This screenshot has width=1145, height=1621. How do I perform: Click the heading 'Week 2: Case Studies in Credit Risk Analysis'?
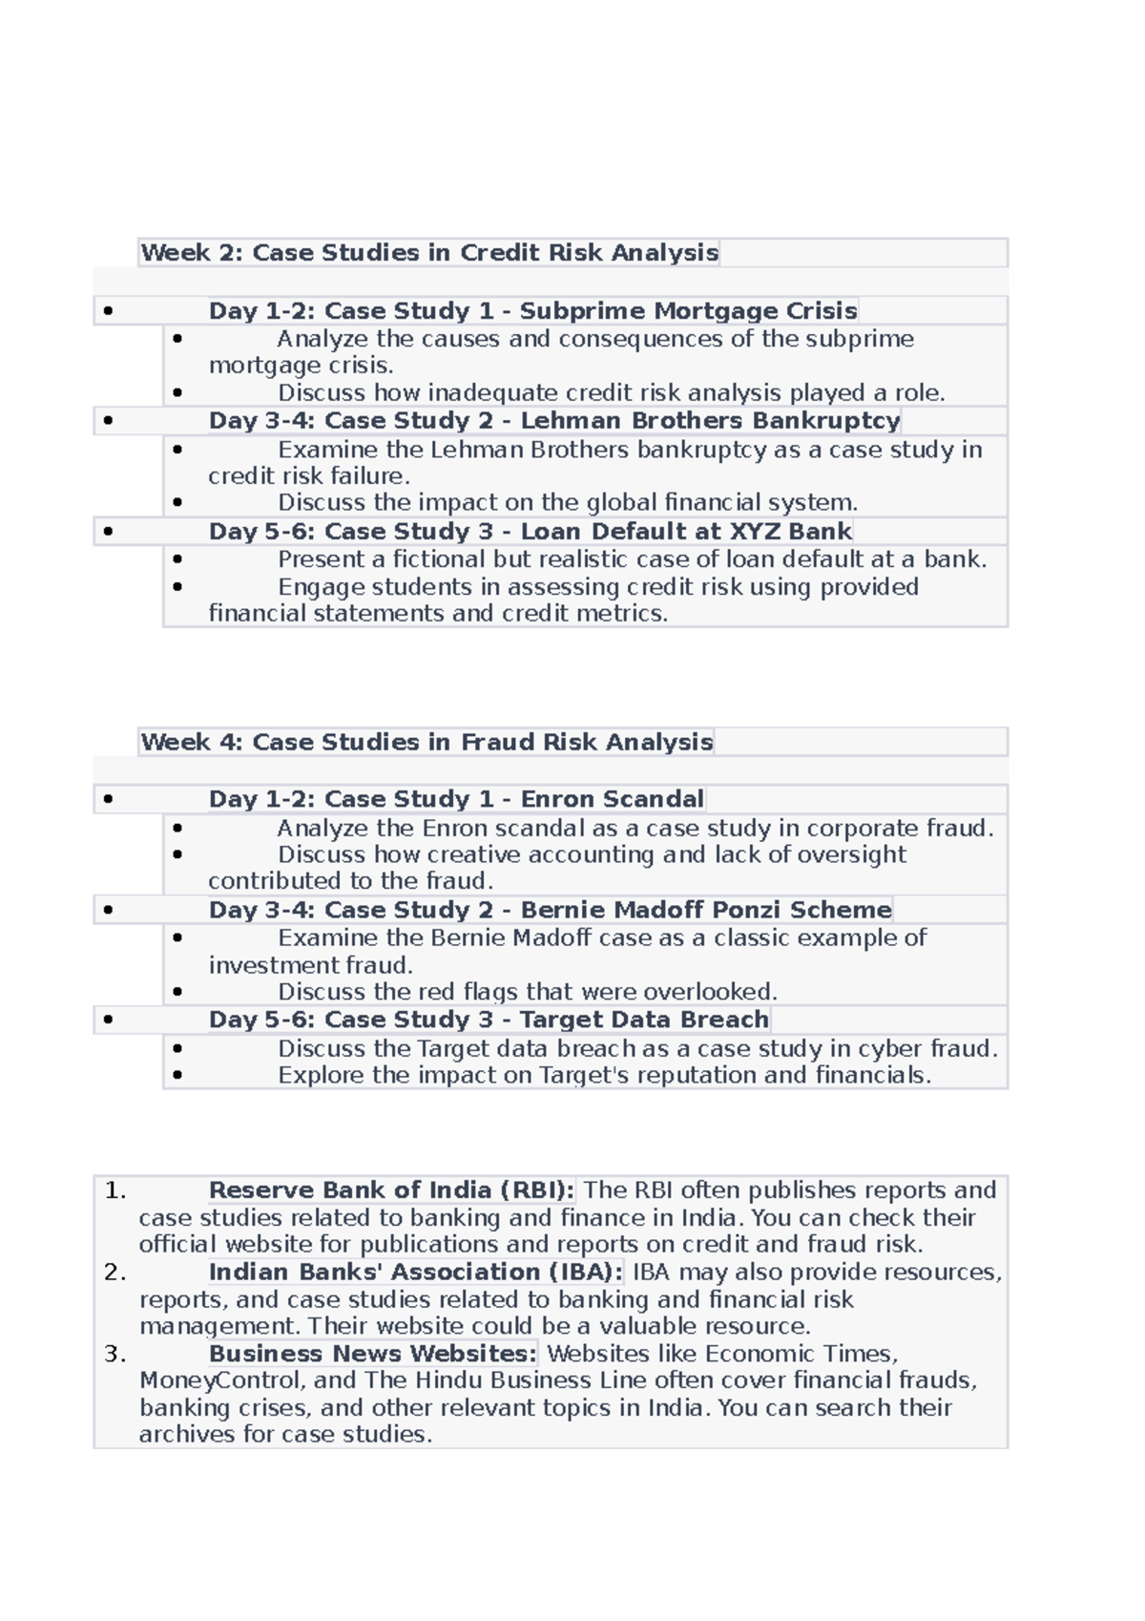coord(429,253)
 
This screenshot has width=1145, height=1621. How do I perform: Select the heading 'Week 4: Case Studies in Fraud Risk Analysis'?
coord(427,742)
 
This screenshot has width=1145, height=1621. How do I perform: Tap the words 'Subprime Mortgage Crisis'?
coord(688,311)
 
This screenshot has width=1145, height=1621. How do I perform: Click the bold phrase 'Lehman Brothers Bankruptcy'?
coord(710,421)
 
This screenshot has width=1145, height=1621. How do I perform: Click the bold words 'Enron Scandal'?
coord(612,799)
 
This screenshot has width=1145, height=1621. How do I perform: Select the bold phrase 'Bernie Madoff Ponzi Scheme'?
coord(705,910)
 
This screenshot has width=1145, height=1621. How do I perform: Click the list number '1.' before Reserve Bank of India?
coord(115,1190)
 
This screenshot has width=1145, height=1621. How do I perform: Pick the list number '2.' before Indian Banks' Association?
coord(115,1273)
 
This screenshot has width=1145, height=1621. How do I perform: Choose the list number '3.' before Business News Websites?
coord(115,1354)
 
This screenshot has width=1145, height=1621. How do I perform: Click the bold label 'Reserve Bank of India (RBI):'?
coord(391,1190)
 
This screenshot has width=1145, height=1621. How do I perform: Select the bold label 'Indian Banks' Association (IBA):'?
coord(416,1273)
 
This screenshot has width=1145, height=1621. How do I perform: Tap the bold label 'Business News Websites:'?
coord(373,1354)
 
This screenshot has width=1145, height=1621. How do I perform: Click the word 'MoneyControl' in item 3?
coord(219,1380)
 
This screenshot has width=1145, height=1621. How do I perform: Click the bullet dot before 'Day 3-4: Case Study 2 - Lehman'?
coord(108,421)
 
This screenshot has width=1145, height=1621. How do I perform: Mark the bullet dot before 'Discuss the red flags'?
coord(177,993)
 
